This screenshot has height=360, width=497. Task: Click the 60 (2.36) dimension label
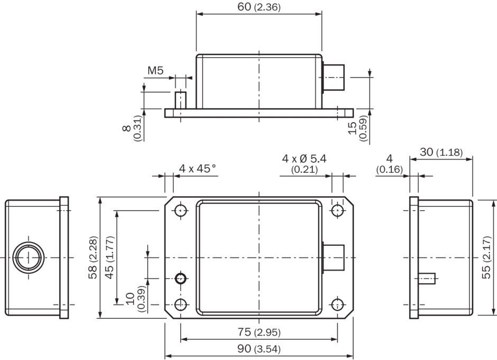click(x=259, y=7)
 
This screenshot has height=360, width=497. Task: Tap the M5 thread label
click(x=155, y=70)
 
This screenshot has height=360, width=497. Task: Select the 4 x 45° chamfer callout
click(x=197, y=168)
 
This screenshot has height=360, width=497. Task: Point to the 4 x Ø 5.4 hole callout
click(x=305, y=158)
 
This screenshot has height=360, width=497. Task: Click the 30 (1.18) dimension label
click(x=441, y=152)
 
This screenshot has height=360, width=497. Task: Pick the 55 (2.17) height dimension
click(x=486, y=257)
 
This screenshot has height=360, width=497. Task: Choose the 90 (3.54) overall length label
click(x=259, y=349)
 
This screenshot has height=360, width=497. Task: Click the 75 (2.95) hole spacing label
click(x=259, y=332)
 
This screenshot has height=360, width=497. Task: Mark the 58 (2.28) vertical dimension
click(x=93, y=257)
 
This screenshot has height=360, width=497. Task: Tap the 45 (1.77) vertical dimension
click(x=109, y=257)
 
